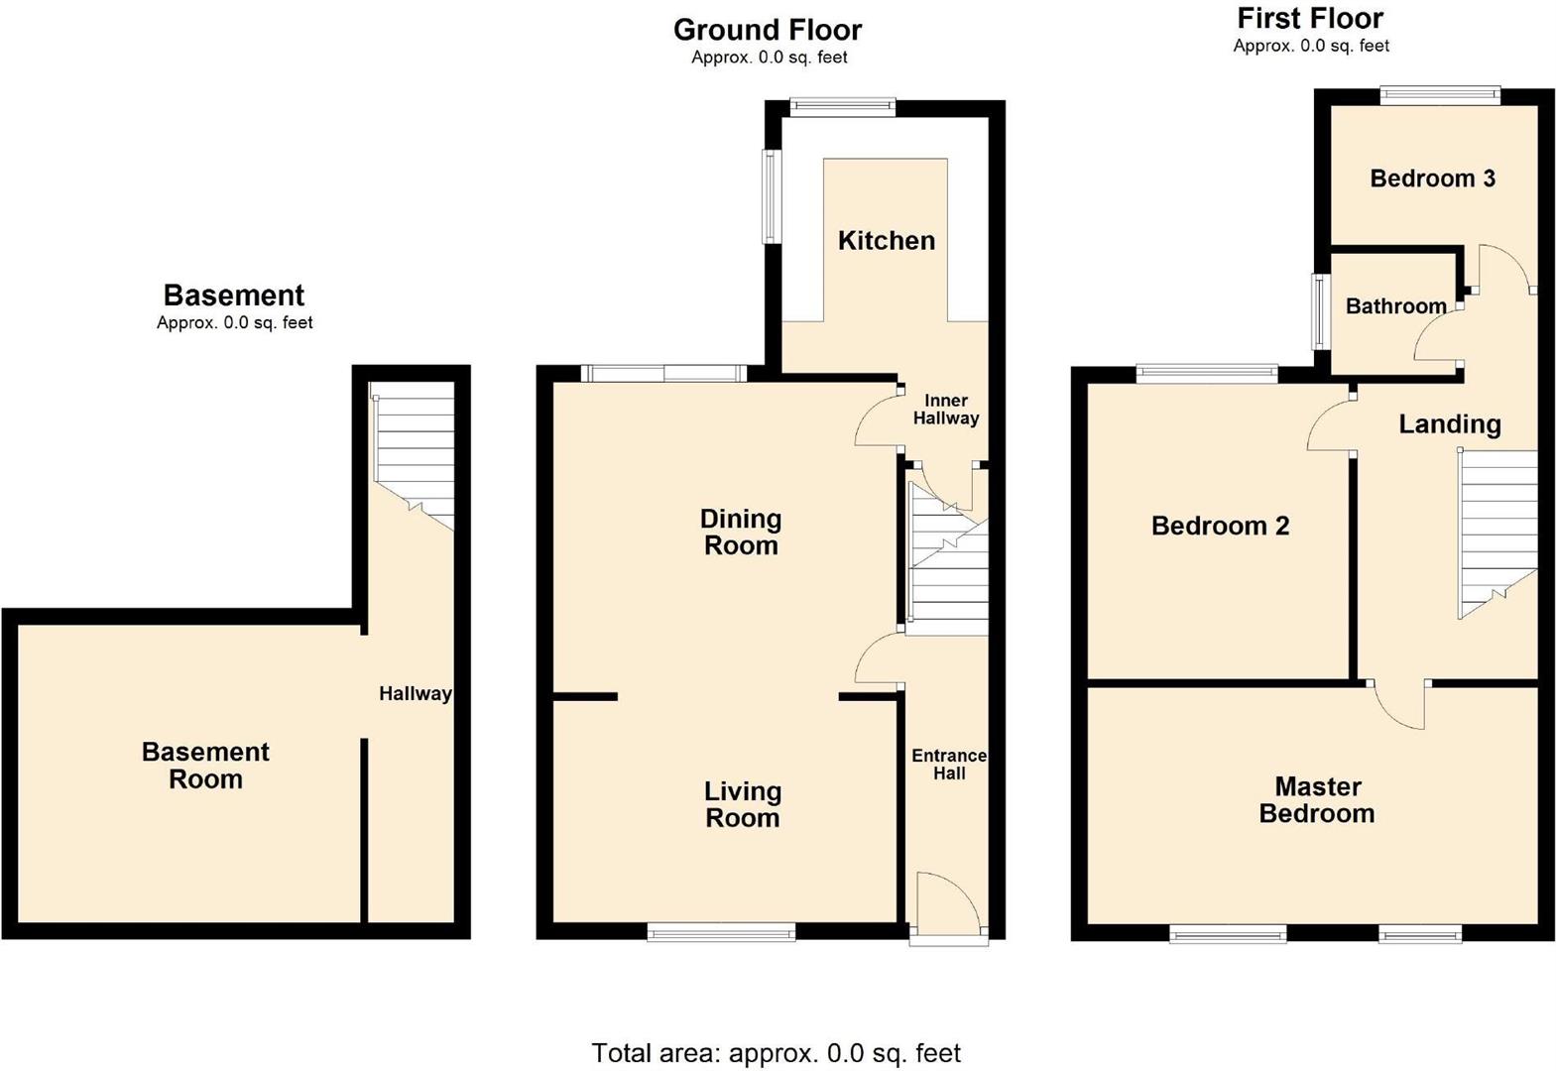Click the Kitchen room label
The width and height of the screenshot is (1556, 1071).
(886, 240)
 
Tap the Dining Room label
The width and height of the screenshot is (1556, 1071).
(741, 533)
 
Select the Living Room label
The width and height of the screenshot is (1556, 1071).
(743, 804)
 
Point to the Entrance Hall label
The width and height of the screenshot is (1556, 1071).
(949, 765)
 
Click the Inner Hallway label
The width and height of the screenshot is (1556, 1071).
(945, 410)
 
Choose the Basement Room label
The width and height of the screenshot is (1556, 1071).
(205, 766)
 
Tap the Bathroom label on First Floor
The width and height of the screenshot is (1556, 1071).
(1395, 305)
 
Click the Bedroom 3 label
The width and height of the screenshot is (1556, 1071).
(1432, 178)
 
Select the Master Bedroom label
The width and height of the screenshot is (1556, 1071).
(1317, 800)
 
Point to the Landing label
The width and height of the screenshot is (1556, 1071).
(1449, 424)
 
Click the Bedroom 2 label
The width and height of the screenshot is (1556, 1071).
(1220, 526)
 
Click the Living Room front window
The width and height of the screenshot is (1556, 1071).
(721, 930)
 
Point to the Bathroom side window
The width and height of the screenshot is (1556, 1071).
(1320, 311)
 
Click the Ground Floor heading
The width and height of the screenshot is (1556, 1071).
(768, 30)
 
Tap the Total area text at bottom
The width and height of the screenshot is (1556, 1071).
(776, 1052)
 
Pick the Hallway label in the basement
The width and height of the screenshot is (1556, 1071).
(415, 694)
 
